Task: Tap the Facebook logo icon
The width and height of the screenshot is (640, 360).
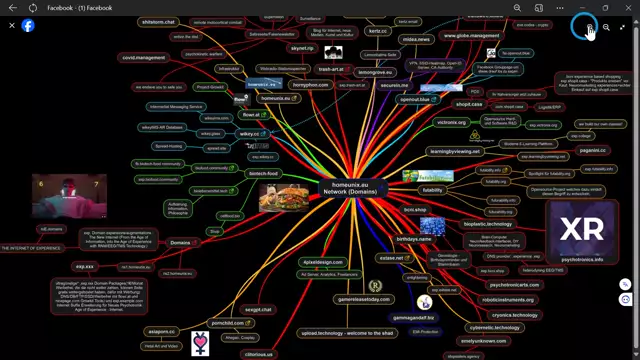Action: pyautogui.click(x=28, y=25)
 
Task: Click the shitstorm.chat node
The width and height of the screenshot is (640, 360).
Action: pyautogui.click(x=158, y=21)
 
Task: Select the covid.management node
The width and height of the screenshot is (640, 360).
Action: pyautogui.click(x=144, y=58)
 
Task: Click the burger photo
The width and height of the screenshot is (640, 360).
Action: pyautogui.click(x=283, y=199)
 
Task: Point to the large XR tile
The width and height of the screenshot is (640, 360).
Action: pyautogui.click(x=581, y=231)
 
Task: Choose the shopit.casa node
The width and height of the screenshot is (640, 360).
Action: pyautogui.click(x=469, y=104)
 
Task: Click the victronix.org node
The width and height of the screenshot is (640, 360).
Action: pyautogui.click(x=452, y=122)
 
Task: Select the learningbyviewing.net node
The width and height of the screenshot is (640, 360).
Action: pyautogui.click(x=455, y=151)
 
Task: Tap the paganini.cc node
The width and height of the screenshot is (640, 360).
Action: pyautogui.click(x=592, y=150)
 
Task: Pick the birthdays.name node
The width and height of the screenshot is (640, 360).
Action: pyautogui.click(x=413, y=240)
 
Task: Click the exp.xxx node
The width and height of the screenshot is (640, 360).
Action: pyautogui.click(x=85, y=267)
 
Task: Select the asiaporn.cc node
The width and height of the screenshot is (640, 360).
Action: pyautogui.click(x=162, y=331)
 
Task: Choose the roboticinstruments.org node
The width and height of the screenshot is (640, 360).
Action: pyautogui.click(x=509, y=299)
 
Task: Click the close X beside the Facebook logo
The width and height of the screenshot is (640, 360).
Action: pyautogui.click(x=11, y=25)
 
